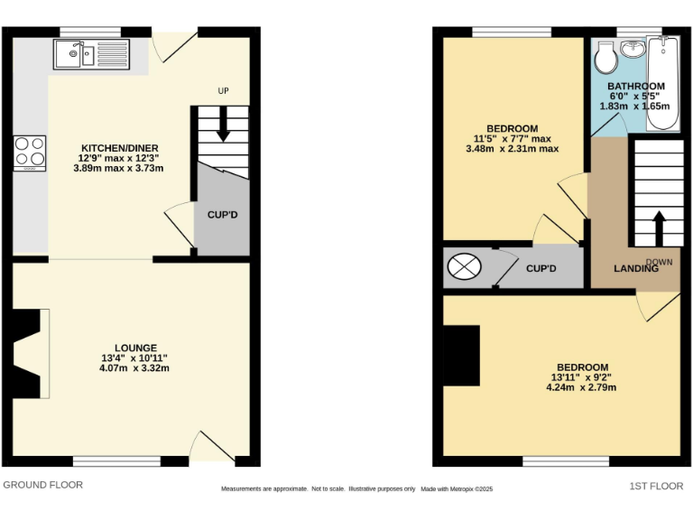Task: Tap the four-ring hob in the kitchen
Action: (x=30, y=152)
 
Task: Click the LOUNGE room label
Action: (x=135, y=348)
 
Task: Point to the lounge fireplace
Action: (x=30, y=353)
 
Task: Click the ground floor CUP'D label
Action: (x=222, y=215)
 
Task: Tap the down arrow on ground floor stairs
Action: (x=223, y=135)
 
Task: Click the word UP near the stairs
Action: (x=223, y=91)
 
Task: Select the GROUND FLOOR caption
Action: (x=43, y=485)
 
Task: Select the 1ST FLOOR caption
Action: (x=656, y=486)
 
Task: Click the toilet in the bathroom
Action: (x=604, y=60)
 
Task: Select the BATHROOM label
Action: (x=635, y=87)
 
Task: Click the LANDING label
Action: (x=635, y=269)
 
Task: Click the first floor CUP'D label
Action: (x=541, y=269)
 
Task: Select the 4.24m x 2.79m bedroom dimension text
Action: (x=581, y=387)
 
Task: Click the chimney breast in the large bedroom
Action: (x=461, y=355)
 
